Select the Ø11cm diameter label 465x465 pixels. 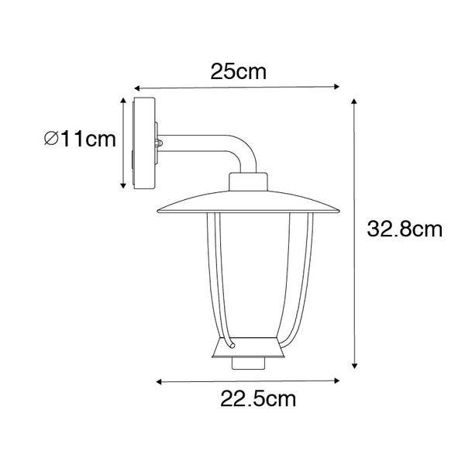80,139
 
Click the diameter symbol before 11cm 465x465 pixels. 51,140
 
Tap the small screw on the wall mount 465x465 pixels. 160,143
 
